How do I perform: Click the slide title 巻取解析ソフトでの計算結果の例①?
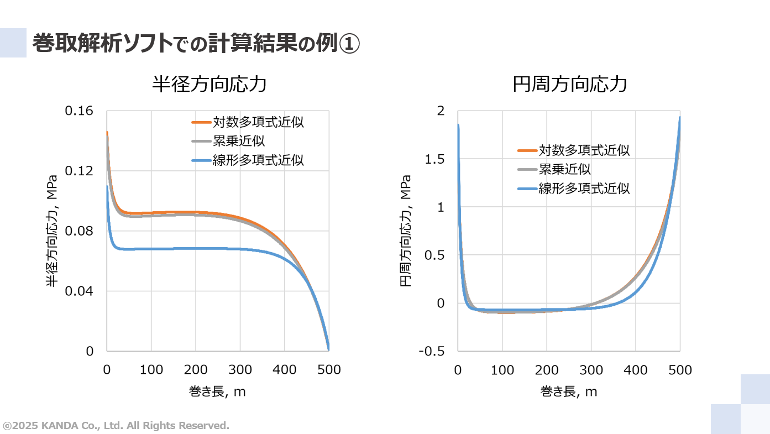tap(196, 44)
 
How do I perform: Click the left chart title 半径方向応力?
tap(209, 85)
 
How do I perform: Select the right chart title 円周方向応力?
tap(569, 85)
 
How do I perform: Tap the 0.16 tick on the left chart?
tap(80, 111)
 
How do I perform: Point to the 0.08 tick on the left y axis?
tap(80, 231)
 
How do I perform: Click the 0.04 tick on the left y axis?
tap(80, 291)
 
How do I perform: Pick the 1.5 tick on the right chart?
tap(434, 159)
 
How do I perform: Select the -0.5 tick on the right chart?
tap(432, 351)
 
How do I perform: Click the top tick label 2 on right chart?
tap(441, 111)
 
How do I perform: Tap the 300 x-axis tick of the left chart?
tap(240, 370)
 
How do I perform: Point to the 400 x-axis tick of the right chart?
tap(636, 370)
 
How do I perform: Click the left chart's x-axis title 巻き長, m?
tap(217, 391)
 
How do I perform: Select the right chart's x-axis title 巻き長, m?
tap(569, 391)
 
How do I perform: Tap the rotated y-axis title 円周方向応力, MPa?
tap(405, 231)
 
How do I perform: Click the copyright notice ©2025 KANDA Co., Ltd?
tap(116, 426)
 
